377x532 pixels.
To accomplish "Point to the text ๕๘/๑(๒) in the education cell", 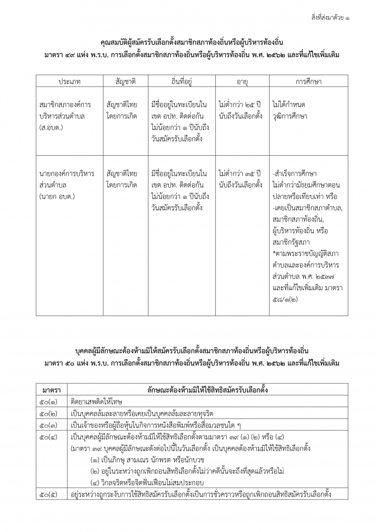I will [286, 298].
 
